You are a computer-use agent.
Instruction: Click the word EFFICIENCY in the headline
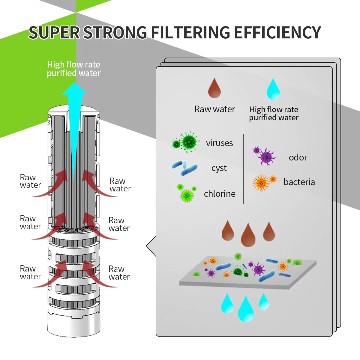coord(277,32)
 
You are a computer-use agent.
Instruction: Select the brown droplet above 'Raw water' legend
coord(214,88)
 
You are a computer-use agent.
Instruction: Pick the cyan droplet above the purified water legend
coord(273,89)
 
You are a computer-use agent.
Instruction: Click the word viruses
coord(219,143)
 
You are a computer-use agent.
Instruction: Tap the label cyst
coord(219,168)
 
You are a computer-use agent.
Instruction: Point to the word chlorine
coord(220,194)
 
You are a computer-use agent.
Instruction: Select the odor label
coord(298,157)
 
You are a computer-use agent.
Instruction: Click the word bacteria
coord(299,182)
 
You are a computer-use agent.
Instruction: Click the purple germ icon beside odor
coord(265,156)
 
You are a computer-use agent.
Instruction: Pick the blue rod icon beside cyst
coord(185,168)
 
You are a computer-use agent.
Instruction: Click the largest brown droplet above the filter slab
coord(248,236)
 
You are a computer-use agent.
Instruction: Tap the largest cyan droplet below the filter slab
coord(246,310)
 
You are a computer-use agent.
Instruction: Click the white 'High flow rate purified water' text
coord(74,69)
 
